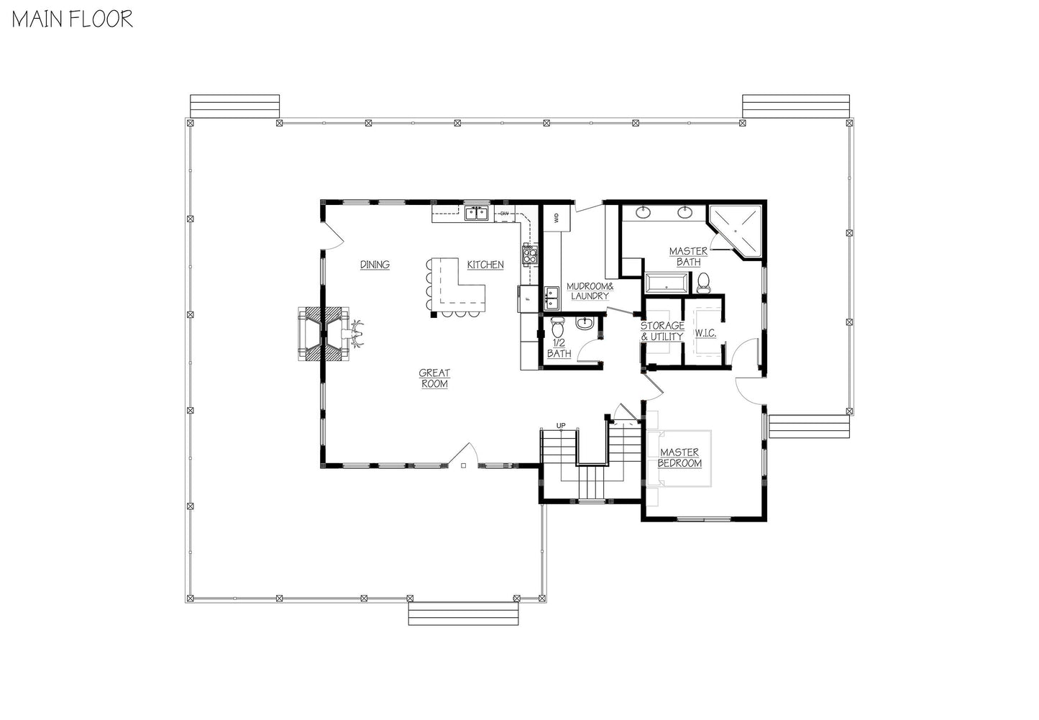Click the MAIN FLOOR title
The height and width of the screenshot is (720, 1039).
point(73,19)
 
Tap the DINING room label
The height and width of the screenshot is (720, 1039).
point(375,265)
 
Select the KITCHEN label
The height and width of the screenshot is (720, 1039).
point(485,265)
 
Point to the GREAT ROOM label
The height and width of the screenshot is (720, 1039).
point(434,378)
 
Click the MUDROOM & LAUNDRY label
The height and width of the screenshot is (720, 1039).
point(590,291)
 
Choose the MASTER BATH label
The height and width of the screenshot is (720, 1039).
point(688,257)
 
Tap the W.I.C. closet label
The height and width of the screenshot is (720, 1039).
point(705,333)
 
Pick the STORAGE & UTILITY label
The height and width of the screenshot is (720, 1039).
point(662,332)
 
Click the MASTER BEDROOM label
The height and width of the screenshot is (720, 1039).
point(679,457)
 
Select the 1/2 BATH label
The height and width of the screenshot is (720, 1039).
point(559,348)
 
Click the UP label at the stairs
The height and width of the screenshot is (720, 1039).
point(561,425)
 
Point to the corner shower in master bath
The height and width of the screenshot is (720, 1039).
point(736,231)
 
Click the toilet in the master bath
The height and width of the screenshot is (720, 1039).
point(703,283)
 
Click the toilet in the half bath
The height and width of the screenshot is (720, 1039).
point(557,327)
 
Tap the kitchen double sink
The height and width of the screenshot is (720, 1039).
point(477,214)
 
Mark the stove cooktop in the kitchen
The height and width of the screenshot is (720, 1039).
point(530,255)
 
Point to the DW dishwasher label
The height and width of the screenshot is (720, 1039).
point(504,214)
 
